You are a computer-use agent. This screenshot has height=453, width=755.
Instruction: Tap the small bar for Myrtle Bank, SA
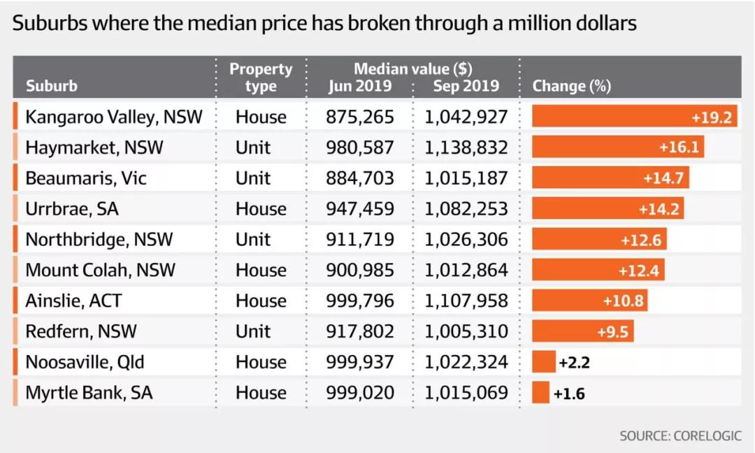(540, 393)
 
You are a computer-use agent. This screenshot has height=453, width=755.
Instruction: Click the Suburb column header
(51, 87)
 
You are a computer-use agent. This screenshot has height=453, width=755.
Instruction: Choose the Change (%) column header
(571, 87)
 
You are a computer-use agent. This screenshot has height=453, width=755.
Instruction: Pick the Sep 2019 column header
(466, 87)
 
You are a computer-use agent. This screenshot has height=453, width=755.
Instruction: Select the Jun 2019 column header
(360, 87)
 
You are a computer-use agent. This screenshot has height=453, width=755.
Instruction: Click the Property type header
(261, 78)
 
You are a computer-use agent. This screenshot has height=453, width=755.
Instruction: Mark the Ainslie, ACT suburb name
(73, 301)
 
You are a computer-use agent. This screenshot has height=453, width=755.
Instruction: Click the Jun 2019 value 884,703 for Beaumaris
(360, 178)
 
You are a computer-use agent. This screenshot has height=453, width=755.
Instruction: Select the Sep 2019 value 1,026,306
(466, 240)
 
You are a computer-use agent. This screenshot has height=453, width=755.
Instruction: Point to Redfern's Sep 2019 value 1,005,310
(466, 331)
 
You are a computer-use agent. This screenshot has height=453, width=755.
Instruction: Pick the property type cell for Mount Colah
(261, 271)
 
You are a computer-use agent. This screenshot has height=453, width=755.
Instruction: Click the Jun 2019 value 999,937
(360, 362)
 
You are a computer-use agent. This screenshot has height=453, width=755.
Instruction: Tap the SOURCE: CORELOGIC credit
(679, 436)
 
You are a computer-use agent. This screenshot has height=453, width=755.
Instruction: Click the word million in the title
(535, 24)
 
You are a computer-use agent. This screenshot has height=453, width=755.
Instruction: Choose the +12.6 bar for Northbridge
(599, 240)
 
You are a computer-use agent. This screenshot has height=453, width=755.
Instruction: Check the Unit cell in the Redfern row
(252, 331)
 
